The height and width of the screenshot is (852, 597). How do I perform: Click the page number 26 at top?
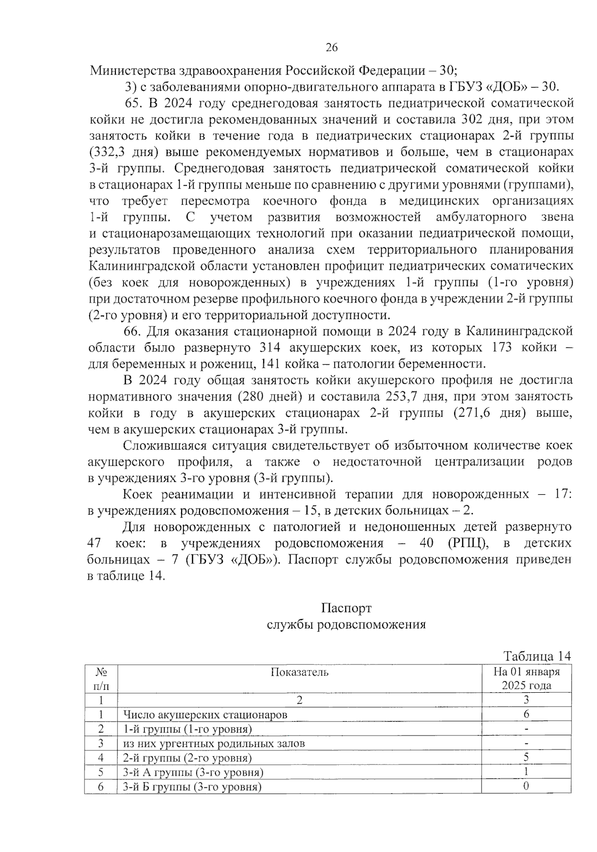(331, 48)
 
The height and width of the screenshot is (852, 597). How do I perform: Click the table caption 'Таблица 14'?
(537, 656)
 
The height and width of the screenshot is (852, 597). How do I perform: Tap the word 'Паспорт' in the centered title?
(346, 608)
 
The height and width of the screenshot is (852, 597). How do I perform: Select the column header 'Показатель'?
(299, 672)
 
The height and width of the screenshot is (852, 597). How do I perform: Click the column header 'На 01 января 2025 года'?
(526, 678)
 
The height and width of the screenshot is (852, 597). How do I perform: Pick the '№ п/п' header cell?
(101, 678)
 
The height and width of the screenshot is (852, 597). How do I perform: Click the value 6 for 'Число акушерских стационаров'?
(526, 715)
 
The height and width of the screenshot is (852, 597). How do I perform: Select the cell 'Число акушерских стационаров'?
(205, 715)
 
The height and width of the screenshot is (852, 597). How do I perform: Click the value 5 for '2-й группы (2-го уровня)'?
(526, 757)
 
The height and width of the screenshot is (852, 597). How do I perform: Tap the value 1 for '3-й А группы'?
(526, 772)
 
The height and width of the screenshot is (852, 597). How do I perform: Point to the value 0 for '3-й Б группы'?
(526, 786)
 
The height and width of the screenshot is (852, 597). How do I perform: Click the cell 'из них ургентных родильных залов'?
(214, 744)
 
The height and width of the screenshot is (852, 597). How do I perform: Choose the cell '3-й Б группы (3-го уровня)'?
(192, 787)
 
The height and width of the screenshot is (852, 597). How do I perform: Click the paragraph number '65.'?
(134, 104)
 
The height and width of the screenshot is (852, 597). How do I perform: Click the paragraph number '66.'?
(134, 331)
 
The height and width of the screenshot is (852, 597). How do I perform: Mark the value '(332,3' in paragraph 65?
(105, 152)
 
